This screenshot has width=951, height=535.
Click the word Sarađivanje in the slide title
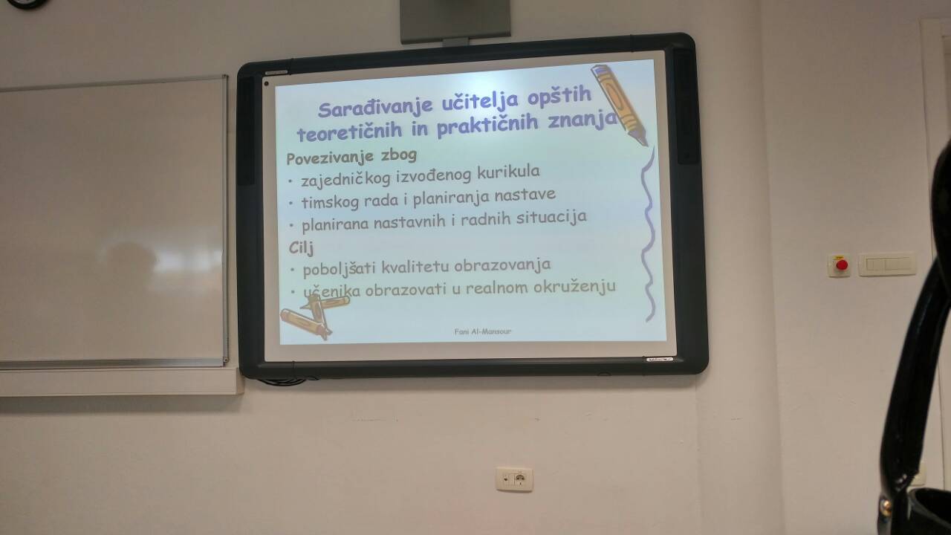tap(375, 107)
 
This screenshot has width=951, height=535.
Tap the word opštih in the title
tap(559, 97)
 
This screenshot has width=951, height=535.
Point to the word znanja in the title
tap(582, 120)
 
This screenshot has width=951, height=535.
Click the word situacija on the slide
tap(551, 218)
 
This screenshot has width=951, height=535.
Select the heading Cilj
tap(301, 247)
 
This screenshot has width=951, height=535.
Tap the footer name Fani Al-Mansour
tap(482, 331)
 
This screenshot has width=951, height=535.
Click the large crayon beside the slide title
tap(620, 103)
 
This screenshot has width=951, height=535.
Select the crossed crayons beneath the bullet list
tap(314, 317)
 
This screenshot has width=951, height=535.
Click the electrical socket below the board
tap(514, 479)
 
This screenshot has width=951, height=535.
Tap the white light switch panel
tap(887, 264)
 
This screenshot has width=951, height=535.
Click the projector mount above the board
tap(455, 22)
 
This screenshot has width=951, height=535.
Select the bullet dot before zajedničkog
tap(291, 181)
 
